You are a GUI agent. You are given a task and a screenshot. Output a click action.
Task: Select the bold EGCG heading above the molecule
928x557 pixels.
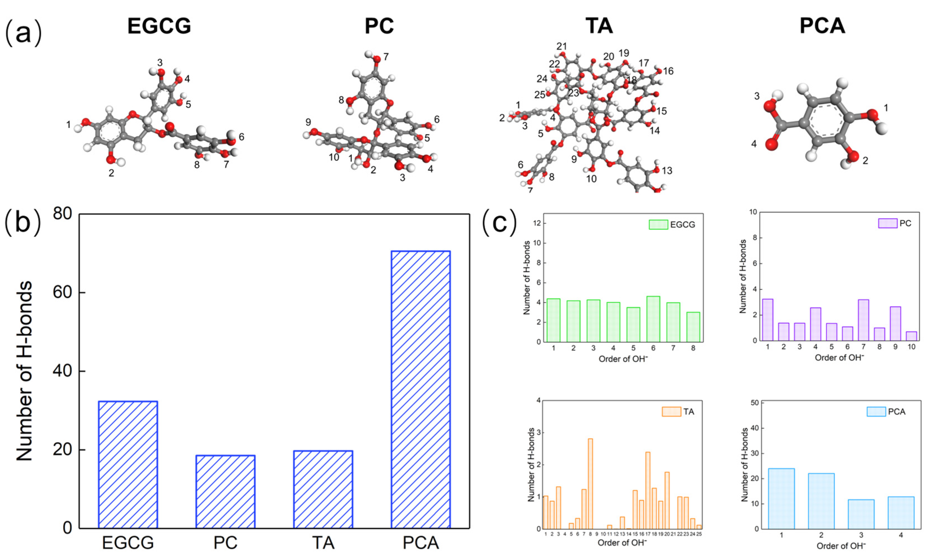[159, 26]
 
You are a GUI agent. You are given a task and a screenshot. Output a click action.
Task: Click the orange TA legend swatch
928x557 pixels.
[671, 412]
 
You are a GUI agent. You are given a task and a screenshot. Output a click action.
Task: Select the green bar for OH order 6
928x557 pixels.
[653, 319]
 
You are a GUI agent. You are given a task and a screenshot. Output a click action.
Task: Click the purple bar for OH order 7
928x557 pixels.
[863, 320]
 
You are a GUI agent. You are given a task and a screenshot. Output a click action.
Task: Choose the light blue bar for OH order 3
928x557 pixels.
[861, 514]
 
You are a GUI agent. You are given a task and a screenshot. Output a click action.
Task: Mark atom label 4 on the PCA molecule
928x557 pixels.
[754, 144]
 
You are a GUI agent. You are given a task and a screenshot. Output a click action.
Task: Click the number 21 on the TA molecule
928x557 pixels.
[561, 46]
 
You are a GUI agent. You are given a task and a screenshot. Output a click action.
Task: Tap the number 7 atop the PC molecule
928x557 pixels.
[386, 57]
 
